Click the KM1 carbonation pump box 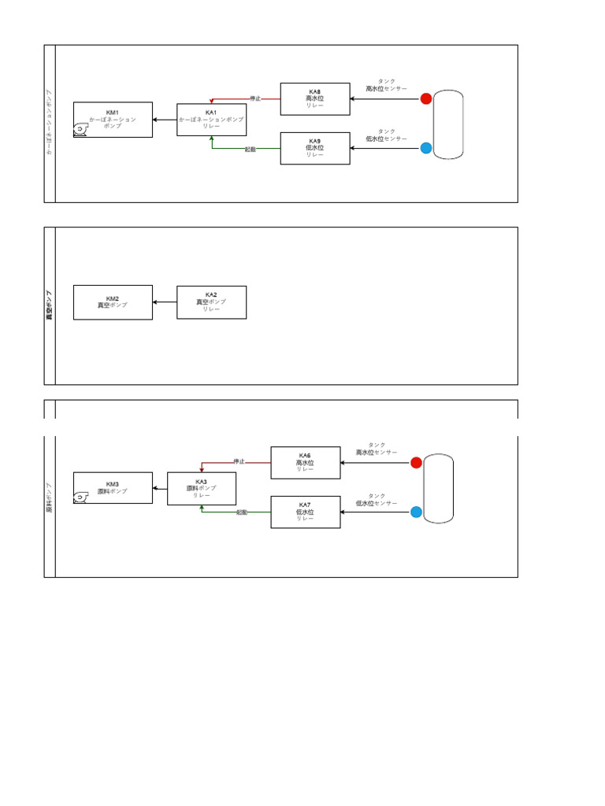point(113,120)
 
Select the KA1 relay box point(211,120)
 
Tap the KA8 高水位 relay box point(315,99)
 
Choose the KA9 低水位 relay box point(315,148)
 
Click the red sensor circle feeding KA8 point(426,99)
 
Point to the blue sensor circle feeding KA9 point(426,148)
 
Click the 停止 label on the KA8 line point(254,99)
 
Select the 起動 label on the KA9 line point(250,149)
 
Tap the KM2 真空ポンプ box point(113,302)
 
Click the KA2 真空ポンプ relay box point(211,302)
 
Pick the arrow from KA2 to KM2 point(165,302)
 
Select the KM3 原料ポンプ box point(113,488)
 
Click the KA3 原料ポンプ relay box point(202,488)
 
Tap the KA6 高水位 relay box point(306,463)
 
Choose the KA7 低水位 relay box point(306,512)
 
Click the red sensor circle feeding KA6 point(416,463)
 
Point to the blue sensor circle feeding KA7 point(416,512)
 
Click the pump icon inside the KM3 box point(81,497)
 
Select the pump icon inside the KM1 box point(81,131)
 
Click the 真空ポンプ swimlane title point(50,305)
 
